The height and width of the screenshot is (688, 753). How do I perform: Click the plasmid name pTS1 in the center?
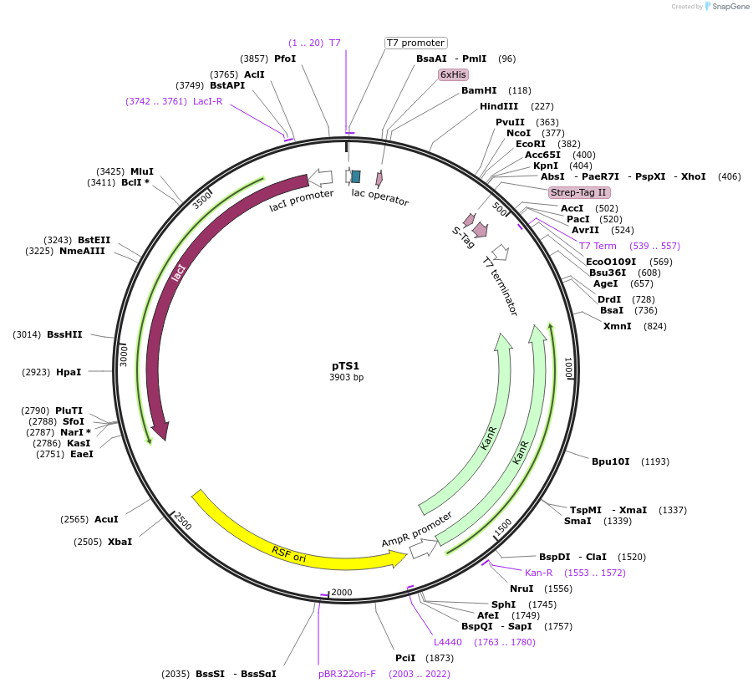(345, 365)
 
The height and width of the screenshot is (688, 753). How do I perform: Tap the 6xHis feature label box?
(453, 74)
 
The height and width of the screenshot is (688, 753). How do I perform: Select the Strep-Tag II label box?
(577, 192)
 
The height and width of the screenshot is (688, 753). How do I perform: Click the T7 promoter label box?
(415, 43)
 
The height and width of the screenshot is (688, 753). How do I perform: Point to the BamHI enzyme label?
(479, 90)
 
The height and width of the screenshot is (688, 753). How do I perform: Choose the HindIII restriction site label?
(499, 106)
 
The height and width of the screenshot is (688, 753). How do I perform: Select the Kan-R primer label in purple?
(538, 573)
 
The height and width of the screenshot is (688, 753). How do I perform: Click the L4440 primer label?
(447, 642)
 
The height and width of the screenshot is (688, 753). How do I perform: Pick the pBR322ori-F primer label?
(347, 673)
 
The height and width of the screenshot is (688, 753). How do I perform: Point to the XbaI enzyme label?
(120, 542)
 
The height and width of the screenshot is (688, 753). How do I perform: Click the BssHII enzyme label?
(64, 334)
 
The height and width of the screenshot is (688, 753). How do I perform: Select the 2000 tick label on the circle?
(342, 593)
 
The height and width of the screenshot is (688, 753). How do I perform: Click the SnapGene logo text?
(730, 7)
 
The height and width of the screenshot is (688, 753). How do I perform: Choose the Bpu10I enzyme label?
(610, 461)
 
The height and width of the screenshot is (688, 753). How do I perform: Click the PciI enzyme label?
(405, 658)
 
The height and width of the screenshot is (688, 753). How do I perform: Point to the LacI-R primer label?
(207, 101)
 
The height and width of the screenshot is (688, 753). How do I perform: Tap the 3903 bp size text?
(346, 378)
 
